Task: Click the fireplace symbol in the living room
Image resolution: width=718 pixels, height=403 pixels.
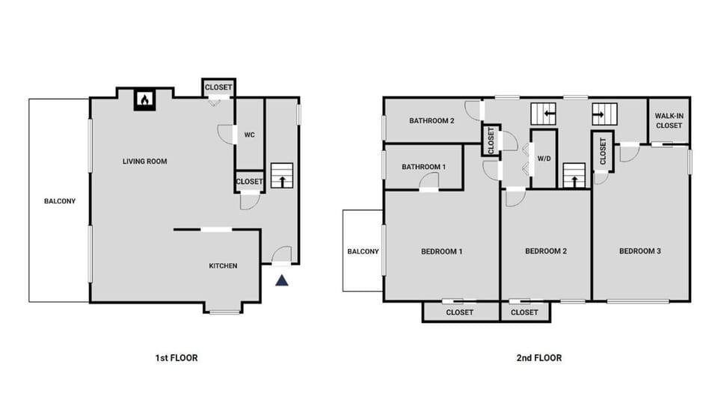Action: coord(144,99)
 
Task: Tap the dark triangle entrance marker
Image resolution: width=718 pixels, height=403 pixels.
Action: coord(282,280)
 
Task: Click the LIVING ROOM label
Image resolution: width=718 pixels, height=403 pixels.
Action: coord(145,161)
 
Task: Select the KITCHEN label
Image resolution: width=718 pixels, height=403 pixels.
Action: coord(223,265)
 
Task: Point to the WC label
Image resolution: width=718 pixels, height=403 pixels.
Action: coord(250,135)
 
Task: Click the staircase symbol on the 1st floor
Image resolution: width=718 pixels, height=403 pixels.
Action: coord(282,177)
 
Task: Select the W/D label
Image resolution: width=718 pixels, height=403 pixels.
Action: coord(544,159)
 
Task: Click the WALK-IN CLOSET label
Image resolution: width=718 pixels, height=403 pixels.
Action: coord(668,120)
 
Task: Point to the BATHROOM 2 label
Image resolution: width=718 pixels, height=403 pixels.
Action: coord(432,120)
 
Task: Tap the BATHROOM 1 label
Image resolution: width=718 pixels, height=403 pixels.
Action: coord(423,167)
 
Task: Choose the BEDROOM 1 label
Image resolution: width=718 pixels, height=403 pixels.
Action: coord(441,251)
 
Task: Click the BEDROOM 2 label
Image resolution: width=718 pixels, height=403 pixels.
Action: coord(545,251)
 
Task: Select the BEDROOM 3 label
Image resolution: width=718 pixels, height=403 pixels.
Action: coord(639,251)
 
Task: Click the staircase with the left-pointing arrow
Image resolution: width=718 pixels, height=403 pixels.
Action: coord(544,114)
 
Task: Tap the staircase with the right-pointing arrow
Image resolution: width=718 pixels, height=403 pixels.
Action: coord(604,114)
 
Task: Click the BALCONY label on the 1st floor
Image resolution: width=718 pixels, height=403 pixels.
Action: coord(59,201)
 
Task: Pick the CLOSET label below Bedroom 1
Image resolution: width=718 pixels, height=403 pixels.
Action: coord(459,313)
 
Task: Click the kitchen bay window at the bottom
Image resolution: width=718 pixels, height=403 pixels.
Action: coord(224,310)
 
